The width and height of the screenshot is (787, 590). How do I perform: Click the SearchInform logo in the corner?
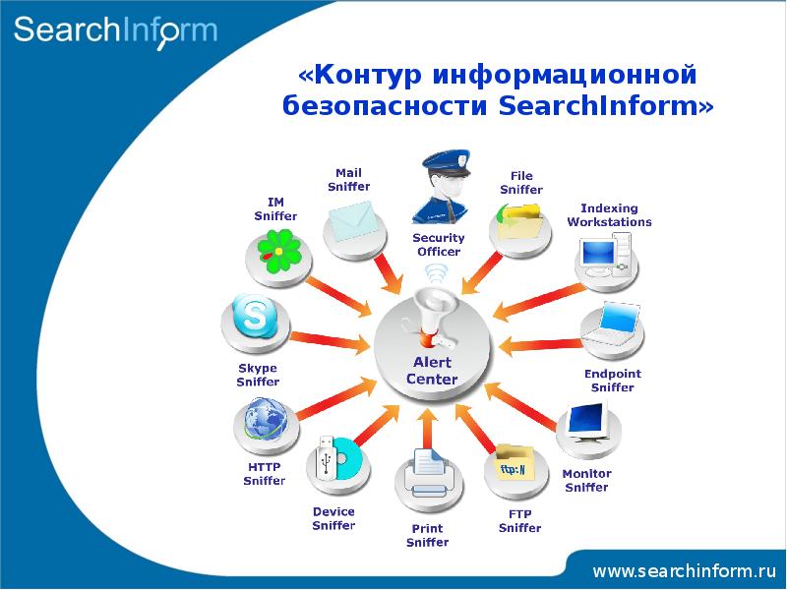(115, 31)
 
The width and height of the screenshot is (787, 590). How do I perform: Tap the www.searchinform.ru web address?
(685, 570)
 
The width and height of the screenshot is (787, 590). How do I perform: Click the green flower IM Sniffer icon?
(279, 252)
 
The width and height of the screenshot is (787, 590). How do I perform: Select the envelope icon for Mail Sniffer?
(353, 221)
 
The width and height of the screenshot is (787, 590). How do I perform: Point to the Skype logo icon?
(254, 316)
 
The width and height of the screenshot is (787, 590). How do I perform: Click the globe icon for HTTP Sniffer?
(266, 419)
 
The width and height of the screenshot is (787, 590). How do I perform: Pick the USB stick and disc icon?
(337, 457)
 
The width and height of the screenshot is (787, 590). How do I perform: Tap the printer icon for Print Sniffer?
(428, 474)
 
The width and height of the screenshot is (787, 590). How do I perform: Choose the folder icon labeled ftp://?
(515, 462)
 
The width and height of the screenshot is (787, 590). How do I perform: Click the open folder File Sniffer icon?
(518, 221)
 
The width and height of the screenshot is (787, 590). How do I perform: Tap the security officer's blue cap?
(447, 162)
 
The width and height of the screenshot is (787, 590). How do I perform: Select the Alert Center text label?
(432, 371)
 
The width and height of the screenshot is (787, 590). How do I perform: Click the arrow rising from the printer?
(427, 429)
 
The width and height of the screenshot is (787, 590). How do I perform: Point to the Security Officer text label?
(439, 244)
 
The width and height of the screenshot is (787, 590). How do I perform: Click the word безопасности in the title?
(385, 105)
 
